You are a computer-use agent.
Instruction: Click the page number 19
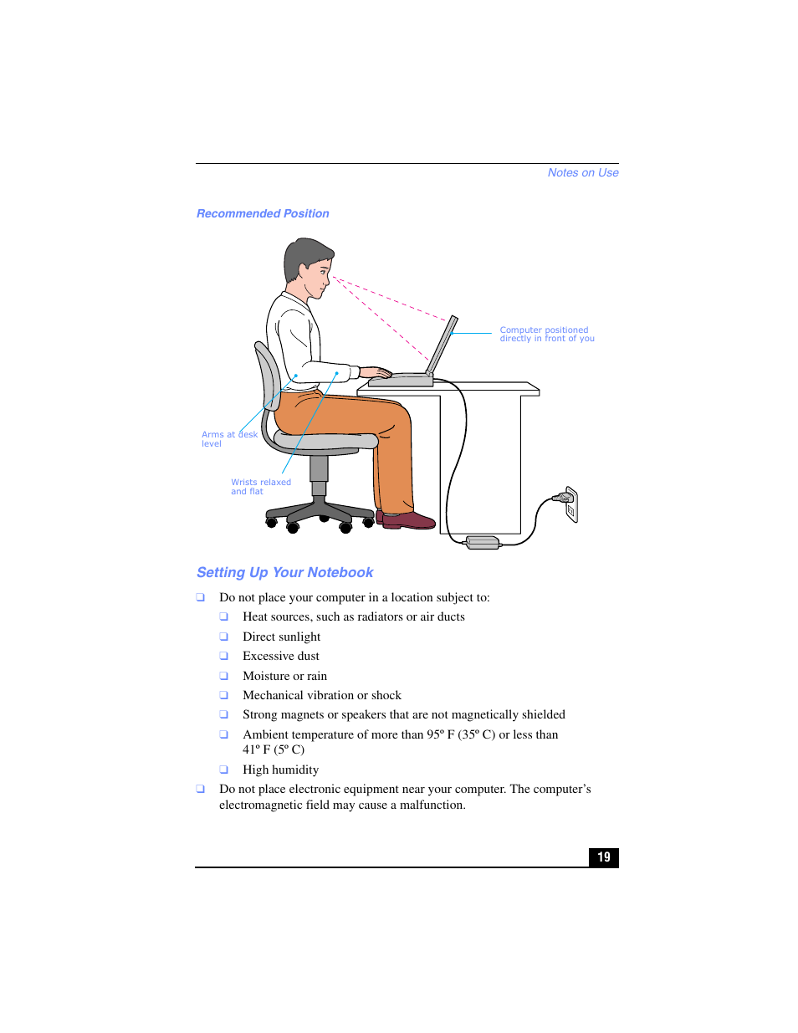604,857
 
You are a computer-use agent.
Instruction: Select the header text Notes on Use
583,173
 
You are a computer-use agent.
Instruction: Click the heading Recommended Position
263,214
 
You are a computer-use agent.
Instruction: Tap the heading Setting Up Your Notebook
284,573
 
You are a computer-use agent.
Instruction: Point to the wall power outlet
571,504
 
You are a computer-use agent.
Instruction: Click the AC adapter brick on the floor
483,543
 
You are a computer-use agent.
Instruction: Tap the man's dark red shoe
409,521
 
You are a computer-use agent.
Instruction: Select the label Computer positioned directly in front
546,335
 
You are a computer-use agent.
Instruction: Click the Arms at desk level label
228,439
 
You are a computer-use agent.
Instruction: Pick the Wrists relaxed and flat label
260,487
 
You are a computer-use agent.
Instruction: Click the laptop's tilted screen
442,345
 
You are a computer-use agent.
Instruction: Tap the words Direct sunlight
281,637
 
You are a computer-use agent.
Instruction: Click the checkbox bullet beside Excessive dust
224,657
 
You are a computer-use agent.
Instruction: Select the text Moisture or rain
284,676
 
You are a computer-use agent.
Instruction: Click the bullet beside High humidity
224,770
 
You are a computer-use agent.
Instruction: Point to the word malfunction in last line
432,805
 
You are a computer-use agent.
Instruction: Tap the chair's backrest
268,385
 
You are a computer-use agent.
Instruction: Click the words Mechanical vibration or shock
321,695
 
